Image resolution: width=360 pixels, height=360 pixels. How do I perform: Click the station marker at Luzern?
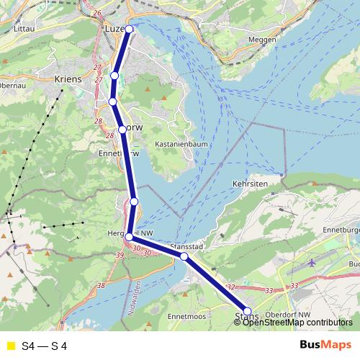(x=130, y=29)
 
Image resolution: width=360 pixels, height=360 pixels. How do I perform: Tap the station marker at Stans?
(x=248, y=311)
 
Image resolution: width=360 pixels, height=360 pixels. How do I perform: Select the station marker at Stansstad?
(x=184, y=256)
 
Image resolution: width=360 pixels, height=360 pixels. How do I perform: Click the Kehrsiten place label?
(x=251, y=184)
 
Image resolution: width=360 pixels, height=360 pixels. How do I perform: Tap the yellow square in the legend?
(x=10, y=346)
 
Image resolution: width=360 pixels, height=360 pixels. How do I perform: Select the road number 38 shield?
(x=101, y=286)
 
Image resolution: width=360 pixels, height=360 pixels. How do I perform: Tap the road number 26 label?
(x=97, y=13)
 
